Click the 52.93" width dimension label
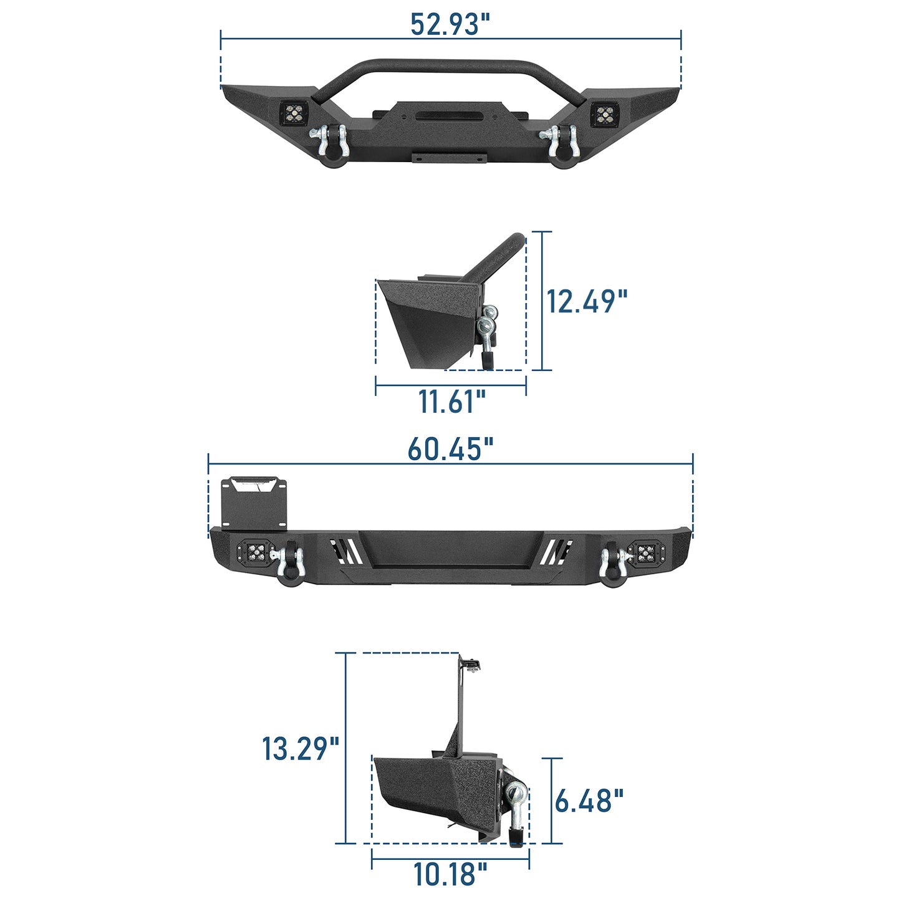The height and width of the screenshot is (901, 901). coord(450,24)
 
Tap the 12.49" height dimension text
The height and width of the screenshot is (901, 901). coord(586,301)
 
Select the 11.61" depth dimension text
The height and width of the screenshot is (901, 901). coord(451,401)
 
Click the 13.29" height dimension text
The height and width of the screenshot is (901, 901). coord(300,748)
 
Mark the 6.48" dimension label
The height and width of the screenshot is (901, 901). coord(589,801)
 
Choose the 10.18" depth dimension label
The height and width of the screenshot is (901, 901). coord(450,874)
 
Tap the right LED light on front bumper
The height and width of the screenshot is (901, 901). coord(604,114)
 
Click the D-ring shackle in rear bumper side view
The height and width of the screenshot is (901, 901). coord(516,811)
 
